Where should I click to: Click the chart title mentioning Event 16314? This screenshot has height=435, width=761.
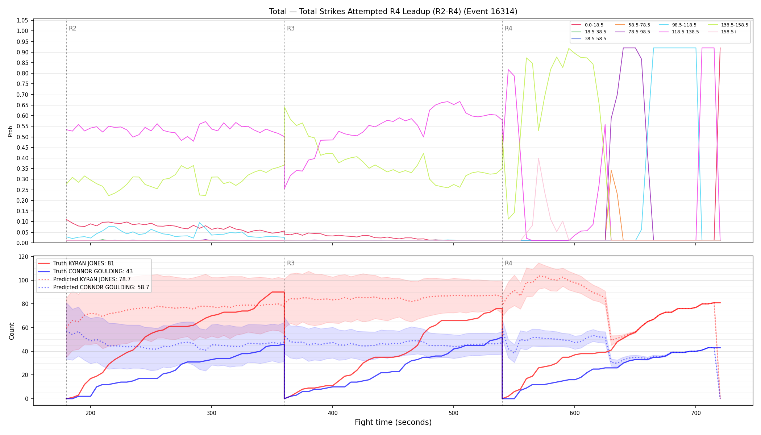[393, 12]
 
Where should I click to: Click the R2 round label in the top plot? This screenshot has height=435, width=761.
[72, 28]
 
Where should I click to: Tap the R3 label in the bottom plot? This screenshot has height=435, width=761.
[291, 263]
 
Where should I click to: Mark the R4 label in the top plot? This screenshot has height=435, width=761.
[508, 28]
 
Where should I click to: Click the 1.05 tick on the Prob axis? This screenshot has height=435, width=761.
[22, 20]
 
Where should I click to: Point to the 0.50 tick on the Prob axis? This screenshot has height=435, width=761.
[22, 137]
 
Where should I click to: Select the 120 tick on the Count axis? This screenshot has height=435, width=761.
[23, 257]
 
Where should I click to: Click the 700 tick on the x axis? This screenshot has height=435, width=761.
[696, 413]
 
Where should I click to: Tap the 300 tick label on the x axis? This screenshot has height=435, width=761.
[212, 413]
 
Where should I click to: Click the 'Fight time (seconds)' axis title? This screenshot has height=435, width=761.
[393, 422]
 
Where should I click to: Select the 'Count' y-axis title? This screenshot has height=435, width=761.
[12, 331]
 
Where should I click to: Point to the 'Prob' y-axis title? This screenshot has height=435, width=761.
[10, 131]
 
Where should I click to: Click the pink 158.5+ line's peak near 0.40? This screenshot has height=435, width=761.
[538, 158]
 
